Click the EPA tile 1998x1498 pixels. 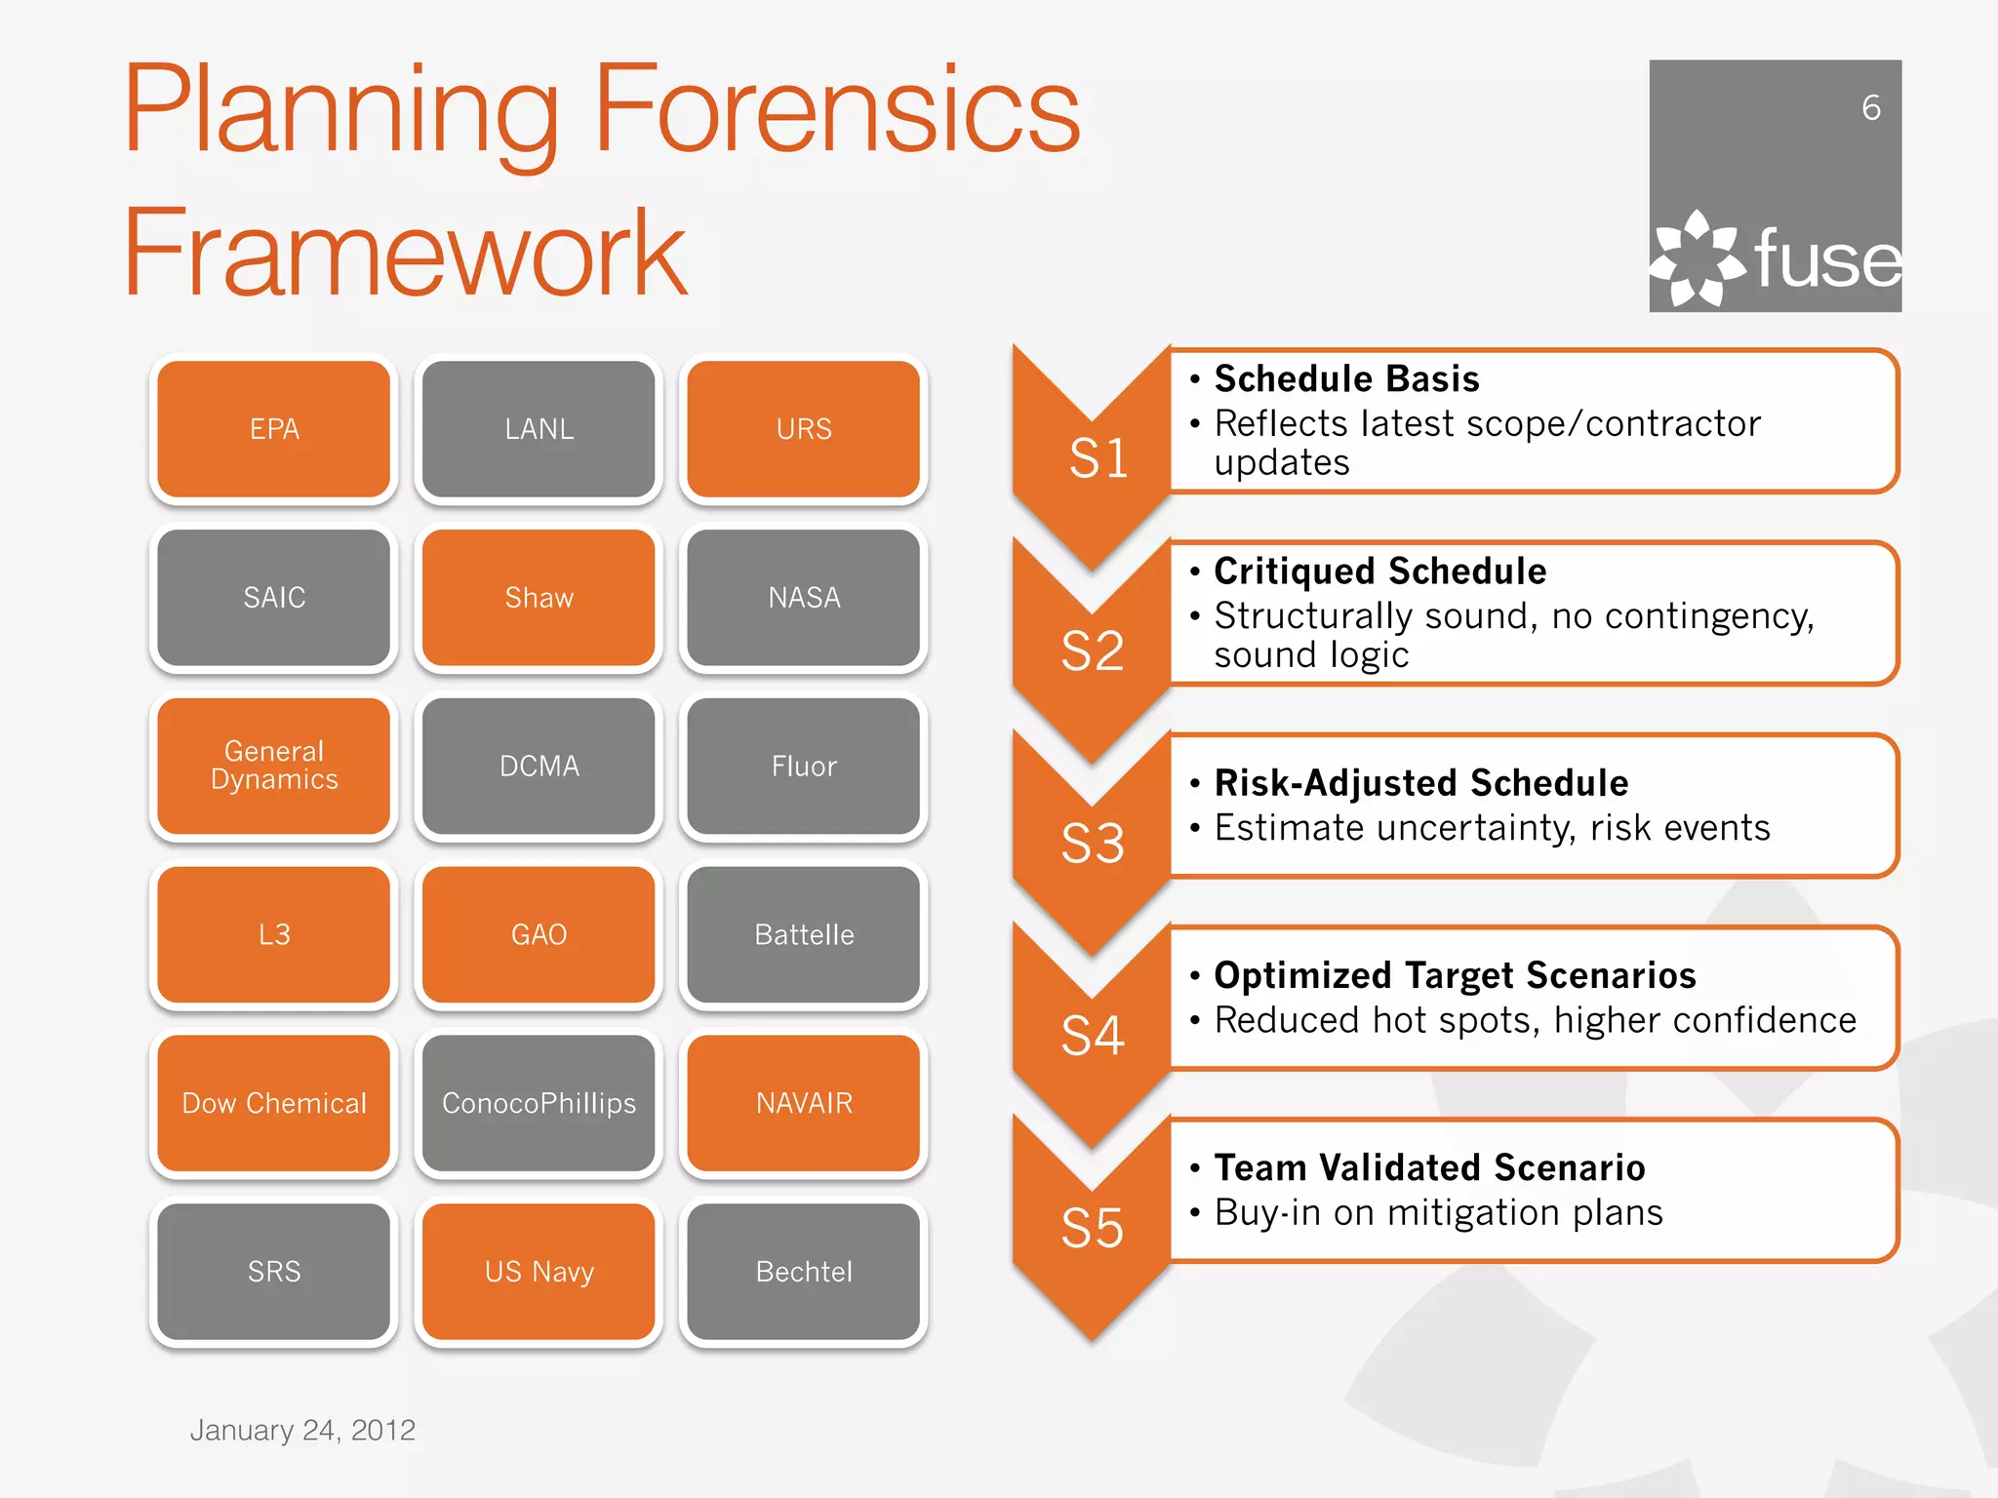click(274, 429)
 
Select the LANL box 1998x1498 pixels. click(539, 429)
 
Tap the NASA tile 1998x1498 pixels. click(804, 597)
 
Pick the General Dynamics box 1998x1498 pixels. click(274, 766)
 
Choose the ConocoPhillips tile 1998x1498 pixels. click(539, 1103)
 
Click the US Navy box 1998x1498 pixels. click(539, 1272)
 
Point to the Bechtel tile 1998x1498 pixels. click(804, 1272)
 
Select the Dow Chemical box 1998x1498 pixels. click(274, 1103)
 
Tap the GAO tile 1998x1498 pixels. click(539, 934)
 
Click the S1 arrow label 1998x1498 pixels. click(1098, 457)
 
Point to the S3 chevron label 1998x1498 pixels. click(1093, 843)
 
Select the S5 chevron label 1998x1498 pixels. click(1093, 1228)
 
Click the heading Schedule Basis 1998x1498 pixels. click(1346, 378)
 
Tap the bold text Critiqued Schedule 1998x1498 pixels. click(1379, 571)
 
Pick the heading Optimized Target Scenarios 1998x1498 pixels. click(1455, 975)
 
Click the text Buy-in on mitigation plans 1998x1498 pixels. click(1438, 1212)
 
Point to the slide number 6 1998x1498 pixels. click(1870, 107)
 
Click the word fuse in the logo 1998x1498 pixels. click(1827, 259)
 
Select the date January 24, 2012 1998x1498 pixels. click(302, 1430)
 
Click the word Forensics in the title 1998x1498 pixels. click(837, 109)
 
